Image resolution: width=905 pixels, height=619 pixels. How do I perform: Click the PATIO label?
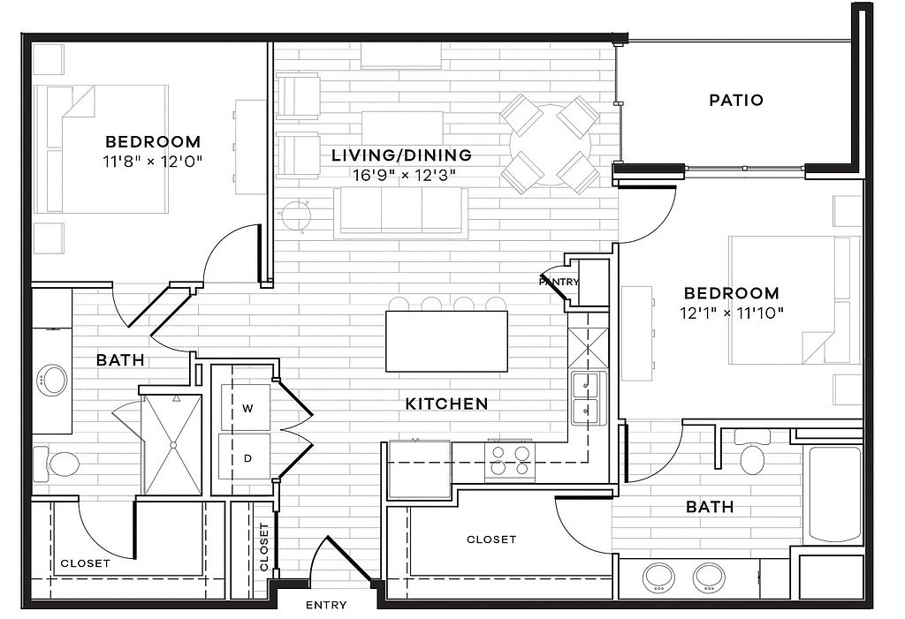point(736,100)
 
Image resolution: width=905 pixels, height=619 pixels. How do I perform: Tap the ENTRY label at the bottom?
point(326,605)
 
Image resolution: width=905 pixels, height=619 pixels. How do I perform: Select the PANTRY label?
point(559,282)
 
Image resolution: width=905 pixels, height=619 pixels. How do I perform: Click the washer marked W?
point(245,407)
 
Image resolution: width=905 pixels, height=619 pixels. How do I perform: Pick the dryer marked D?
point(245,457)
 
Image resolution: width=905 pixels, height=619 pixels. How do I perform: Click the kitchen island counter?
point(446,342)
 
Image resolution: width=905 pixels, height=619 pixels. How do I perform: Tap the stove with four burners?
point(510,461)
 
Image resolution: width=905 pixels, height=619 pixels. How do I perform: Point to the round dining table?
point(550,144)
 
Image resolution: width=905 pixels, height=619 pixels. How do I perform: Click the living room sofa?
point(401,212)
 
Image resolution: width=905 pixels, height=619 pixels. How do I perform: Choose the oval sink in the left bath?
point(51,381)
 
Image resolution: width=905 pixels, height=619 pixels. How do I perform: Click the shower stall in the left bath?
point(171,445)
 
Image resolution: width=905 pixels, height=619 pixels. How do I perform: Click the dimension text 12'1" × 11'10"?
point(731,313)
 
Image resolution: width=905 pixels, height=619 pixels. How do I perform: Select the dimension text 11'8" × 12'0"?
point(153,162)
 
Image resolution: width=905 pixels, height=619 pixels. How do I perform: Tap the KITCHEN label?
point(446,404)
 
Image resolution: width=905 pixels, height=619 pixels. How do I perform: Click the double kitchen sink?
point(588,398)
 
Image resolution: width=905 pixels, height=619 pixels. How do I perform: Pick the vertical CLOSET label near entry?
point(264,547)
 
